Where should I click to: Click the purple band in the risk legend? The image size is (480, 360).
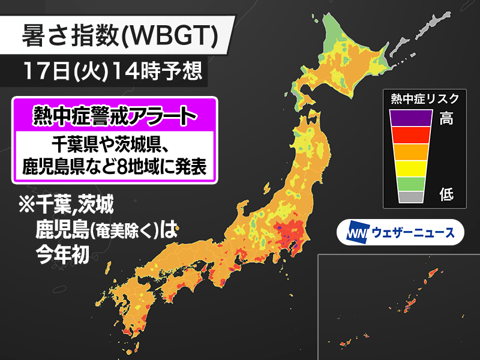(411, 118)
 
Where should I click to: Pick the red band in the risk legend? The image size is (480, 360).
(411, 134)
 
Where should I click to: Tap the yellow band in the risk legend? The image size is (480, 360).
(411, 167)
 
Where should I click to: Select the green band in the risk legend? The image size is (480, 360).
(411, 183)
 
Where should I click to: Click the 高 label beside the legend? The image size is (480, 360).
(446, 118)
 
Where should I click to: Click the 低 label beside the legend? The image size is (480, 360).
(446, 194)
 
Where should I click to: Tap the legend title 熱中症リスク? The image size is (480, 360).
(424, 98)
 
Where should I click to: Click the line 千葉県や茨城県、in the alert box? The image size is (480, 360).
(113, 145)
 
